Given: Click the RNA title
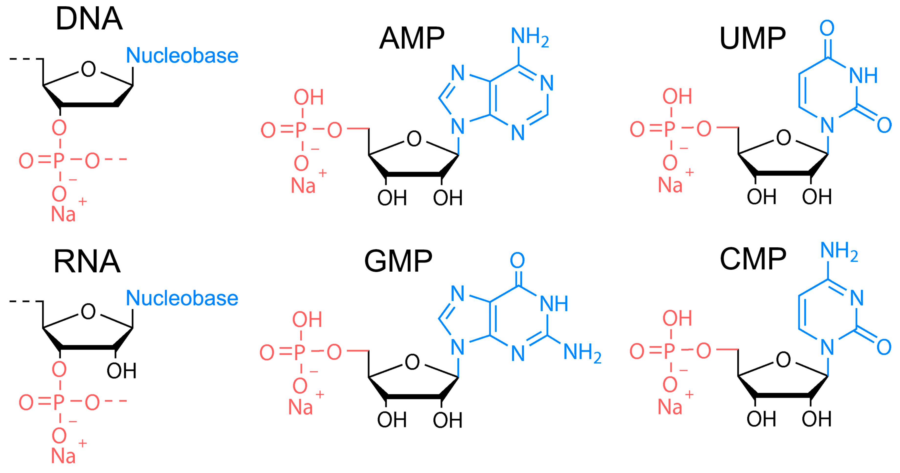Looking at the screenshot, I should (x=87, y=262).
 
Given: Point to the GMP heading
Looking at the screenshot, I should (x=398, y=261).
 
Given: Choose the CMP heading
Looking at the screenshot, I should (x=753, y=259).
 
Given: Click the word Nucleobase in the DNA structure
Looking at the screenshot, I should (x=182, y=56).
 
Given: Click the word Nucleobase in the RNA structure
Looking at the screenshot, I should (x=182, y=298).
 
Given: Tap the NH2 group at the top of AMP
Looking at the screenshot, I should (x=529, y=36).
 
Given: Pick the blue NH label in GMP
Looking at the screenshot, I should (x=554, y=304).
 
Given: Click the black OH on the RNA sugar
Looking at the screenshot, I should (x=121, y=371).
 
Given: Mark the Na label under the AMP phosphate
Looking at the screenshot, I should (x=303, y=185).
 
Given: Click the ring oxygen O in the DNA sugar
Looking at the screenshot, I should (x=88, y=69).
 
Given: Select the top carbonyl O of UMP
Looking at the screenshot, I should (x=827, y=28).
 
